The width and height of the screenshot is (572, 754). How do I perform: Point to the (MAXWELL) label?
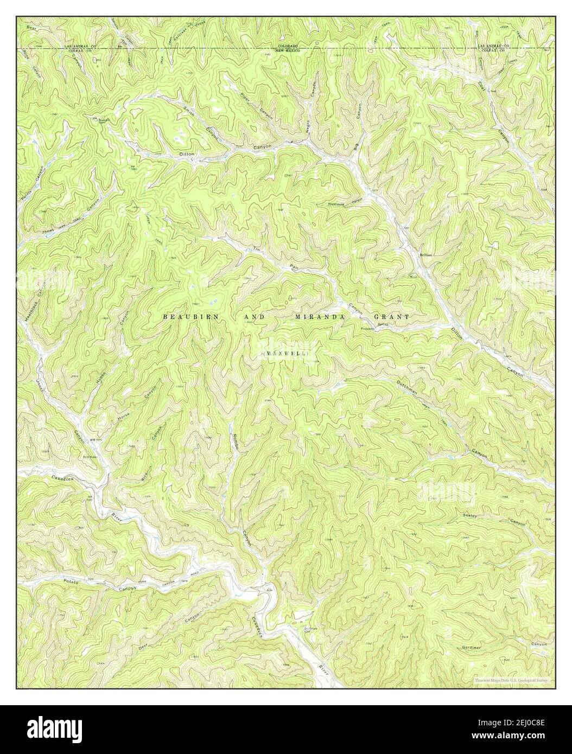pos(287,354)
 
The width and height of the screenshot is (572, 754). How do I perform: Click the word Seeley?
pos(469,515)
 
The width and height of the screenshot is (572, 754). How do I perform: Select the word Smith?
pos(189,112)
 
